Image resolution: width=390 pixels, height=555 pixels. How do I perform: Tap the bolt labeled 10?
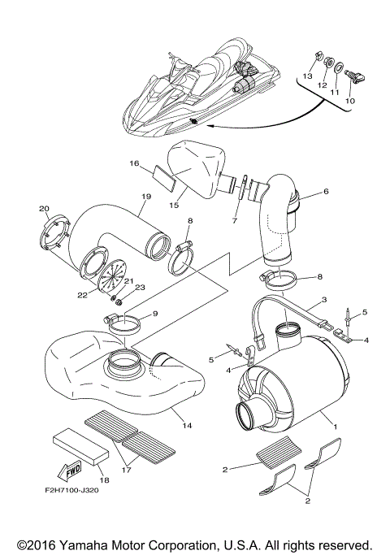[355, 77]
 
